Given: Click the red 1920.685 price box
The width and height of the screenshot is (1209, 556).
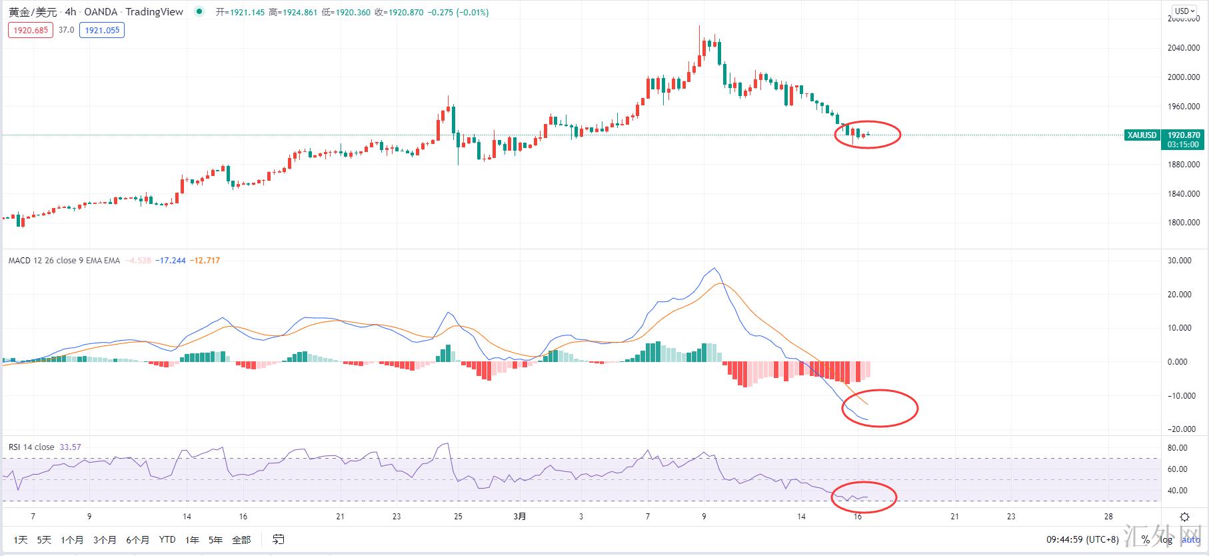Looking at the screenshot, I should point(31,30).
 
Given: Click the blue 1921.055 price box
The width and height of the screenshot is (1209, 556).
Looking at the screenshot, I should point(102,30).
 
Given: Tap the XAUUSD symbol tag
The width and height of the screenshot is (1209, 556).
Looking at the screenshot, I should point(1142,135).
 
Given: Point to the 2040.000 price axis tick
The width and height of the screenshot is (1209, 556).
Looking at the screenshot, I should point(1184,48).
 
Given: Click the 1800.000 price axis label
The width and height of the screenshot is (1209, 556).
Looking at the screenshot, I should point(1184,223).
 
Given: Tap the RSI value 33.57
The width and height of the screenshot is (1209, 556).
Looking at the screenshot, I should point(70,447).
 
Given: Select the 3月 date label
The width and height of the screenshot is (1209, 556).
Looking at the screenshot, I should point(520,517).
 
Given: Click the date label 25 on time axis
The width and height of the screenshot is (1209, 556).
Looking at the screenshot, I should point(458,517).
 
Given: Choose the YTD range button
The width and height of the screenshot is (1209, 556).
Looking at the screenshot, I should point(167,540).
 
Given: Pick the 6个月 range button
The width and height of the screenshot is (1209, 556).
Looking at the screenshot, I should point(137,540).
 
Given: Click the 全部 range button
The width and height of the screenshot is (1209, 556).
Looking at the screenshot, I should point(241,540).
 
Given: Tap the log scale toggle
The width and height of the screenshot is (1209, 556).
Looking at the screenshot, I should point(1166,540).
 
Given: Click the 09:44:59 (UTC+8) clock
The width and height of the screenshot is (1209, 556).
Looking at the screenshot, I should point(1082,540).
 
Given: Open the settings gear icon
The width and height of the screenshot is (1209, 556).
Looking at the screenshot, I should point(1184,517).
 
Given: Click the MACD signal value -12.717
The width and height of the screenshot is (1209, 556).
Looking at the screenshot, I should point(205,261).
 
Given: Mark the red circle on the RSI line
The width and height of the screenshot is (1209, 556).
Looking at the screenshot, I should point(863,496).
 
